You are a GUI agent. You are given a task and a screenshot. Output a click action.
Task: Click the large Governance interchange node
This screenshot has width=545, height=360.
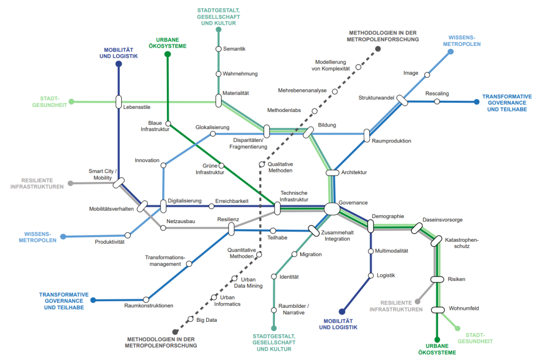[332, 209]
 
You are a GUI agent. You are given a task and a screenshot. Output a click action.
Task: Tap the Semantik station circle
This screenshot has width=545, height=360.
[219, 49]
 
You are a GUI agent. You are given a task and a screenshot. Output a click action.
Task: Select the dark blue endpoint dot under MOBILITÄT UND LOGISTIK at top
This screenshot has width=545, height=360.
[119, 64]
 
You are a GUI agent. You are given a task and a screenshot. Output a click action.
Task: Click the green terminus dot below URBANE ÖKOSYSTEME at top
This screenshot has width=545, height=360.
[167, 54]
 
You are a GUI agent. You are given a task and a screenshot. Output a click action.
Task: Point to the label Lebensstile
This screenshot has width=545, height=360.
[137, 108]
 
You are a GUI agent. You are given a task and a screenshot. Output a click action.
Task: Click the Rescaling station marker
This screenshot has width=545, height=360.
[437, 102]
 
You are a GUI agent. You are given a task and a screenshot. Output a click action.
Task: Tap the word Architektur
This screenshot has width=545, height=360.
[354, 172]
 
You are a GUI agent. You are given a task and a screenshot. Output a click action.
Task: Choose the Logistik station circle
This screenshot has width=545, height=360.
[370, 276]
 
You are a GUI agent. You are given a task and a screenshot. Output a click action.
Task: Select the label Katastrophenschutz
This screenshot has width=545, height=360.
[462, 243]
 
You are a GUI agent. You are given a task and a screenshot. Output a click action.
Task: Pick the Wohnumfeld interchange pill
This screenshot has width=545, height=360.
[438, 310]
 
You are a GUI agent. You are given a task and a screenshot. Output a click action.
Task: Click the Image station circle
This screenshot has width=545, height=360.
[427, 75]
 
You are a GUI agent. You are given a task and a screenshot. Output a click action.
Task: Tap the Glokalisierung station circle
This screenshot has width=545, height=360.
[213, 134]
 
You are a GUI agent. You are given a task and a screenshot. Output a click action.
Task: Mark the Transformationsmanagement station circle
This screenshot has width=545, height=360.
[189, 264]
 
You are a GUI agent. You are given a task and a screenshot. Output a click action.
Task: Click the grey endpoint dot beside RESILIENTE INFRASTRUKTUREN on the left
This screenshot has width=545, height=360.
[71, 183]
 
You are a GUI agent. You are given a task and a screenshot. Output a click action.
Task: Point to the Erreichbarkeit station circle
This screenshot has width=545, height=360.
[211, 207]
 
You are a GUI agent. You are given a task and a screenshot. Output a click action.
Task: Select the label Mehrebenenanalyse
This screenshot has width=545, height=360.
[302, 90]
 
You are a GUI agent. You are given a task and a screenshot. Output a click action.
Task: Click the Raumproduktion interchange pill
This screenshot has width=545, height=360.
[367, 136]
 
